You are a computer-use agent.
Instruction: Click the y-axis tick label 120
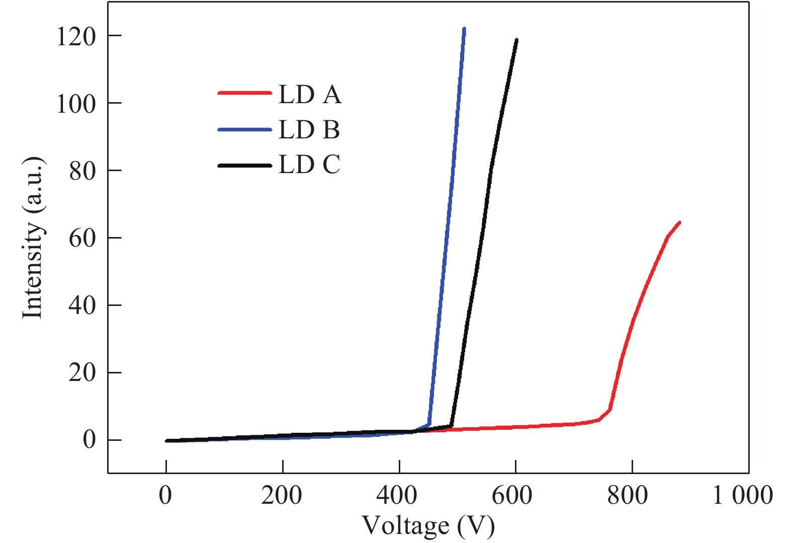[x=76, y=37]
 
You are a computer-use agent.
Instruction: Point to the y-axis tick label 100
[x=76, y=104]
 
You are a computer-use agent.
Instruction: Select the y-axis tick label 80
[x=82, y=172]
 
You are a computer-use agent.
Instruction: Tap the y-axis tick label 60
[x=82, y=239]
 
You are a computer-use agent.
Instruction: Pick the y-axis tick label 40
[x=82, y=306]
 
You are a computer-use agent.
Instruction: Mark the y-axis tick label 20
[x=82, y=373]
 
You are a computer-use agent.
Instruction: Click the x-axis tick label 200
[x=282, y=496]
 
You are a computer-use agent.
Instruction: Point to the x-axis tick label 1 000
[x=743, y=496]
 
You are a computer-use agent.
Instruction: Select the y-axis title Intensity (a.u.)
[x=33, y=238]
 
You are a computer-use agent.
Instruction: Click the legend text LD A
[x=310, y=95]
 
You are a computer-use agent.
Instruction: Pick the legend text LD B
[x=309, y=130]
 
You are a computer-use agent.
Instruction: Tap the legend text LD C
[x=309, y=165]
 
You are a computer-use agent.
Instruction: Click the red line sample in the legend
[x=245, y=93]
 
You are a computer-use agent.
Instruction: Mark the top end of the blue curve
[x=464, y=29]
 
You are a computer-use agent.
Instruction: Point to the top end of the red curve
[x=679, y=222]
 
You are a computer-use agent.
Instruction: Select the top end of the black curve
[x=516, y=40]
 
